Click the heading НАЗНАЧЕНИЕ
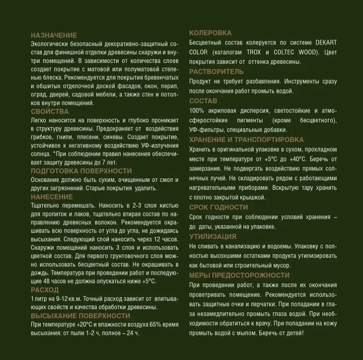click(54, 35)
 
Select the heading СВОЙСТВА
click(50, 112)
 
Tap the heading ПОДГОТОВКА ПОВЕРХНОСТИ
click(82, 171)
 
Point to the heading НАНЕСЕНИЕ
click(52, 197)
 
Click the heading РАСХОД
click(45, 290)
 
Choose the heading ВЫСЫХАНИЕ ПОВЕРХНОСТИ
click(81, 316)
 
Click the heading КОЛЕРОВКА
click(210, 33)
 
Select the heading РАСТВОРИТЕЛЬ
click(216, 72)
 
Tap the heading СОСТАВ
click(203, 101)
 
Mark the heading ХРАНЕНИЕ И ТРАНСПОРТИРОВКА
click(246, 140)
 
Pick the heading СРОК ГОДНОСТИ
click(219, 207)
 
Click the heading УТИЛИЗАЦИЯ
click(212, 237)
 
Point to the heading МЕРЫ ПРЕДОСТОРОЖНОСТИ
click(239, 276)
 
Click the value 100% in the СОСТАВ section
click(197, 111)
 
